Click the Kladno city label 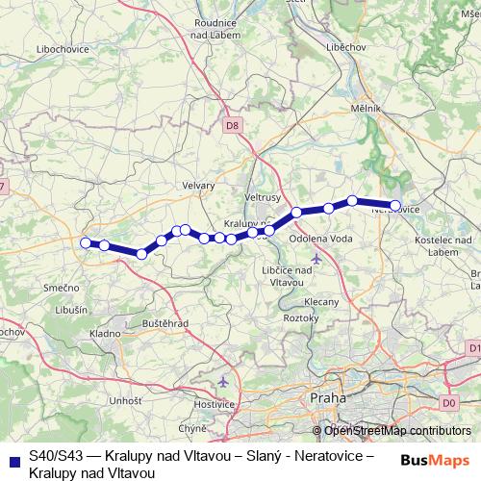coord(104,332)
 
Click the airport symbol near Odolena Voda coord(317,258)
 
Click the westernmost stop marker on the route coord(86,242)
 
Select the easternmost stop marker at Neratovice coord(394,205)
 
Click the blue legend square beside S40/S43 coord(13,460)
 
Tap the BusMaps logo coord(437,460)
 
